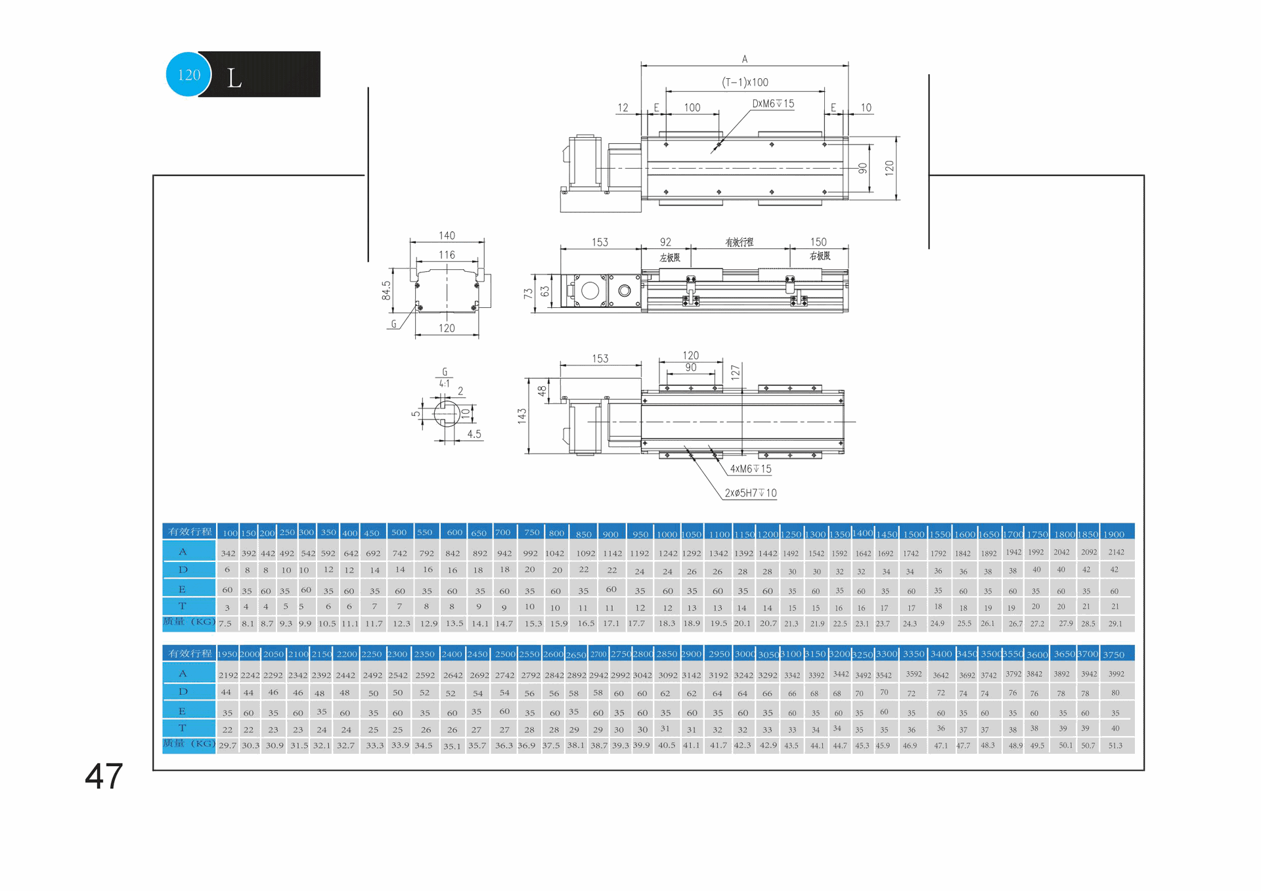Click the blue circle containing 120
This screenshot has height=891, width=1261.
click(x=188, y=74)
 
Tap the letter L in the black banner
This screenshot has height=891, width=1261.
click(x=234, y=79)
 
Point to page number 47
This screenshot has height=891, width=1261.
click(x=104, y=776)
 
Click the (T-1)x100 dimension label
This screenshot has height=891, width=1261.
click(x=745, y=82)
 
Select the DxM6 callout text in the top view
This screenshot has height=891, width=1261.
click(x=773, y=104)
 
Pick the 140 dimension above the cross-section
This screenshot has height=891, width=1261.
click(x=447, y=235)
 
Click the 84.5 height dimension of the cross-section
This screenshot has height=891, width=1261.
click(x=386, y=290)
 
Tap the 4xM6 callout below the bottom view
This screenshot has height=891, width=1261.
click(x=751, y=469)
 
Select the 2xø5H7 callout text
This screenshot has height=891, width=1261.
click(x=751, y=493)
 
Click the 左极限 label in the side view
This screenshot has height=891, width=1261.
click(x=670, y=257)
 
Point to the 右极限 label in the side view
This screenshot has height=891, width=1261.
click(x=820, y=256)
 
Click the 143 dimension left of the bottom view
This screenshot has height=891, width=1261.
click(x=522, y=416)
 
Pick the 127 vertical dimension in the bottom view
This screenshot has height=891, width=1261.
click(x=735, y=372)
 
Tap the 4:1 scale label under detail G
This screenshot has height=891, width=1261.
click(x=445, y=383)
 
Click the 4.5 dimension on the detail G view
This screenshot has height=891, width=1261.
click(x=474, y=434)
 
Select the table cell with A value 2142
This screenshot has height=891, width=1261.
click(x=1116, y=552)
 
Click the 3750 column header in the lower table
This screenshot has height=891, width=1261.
click(x=1113, y=655)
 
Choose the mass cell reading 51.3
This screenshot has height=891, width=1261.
click(x=1115, y=745)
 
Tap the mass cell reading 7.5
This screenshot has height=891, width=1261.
click(x=225, y=623)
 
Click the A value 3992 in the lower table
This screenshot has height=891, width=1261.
click(x=1116, y=674)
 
